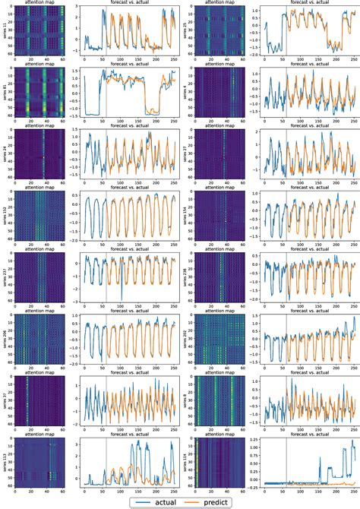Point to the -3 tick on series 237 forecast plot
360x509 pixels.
tap(76, 301)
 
